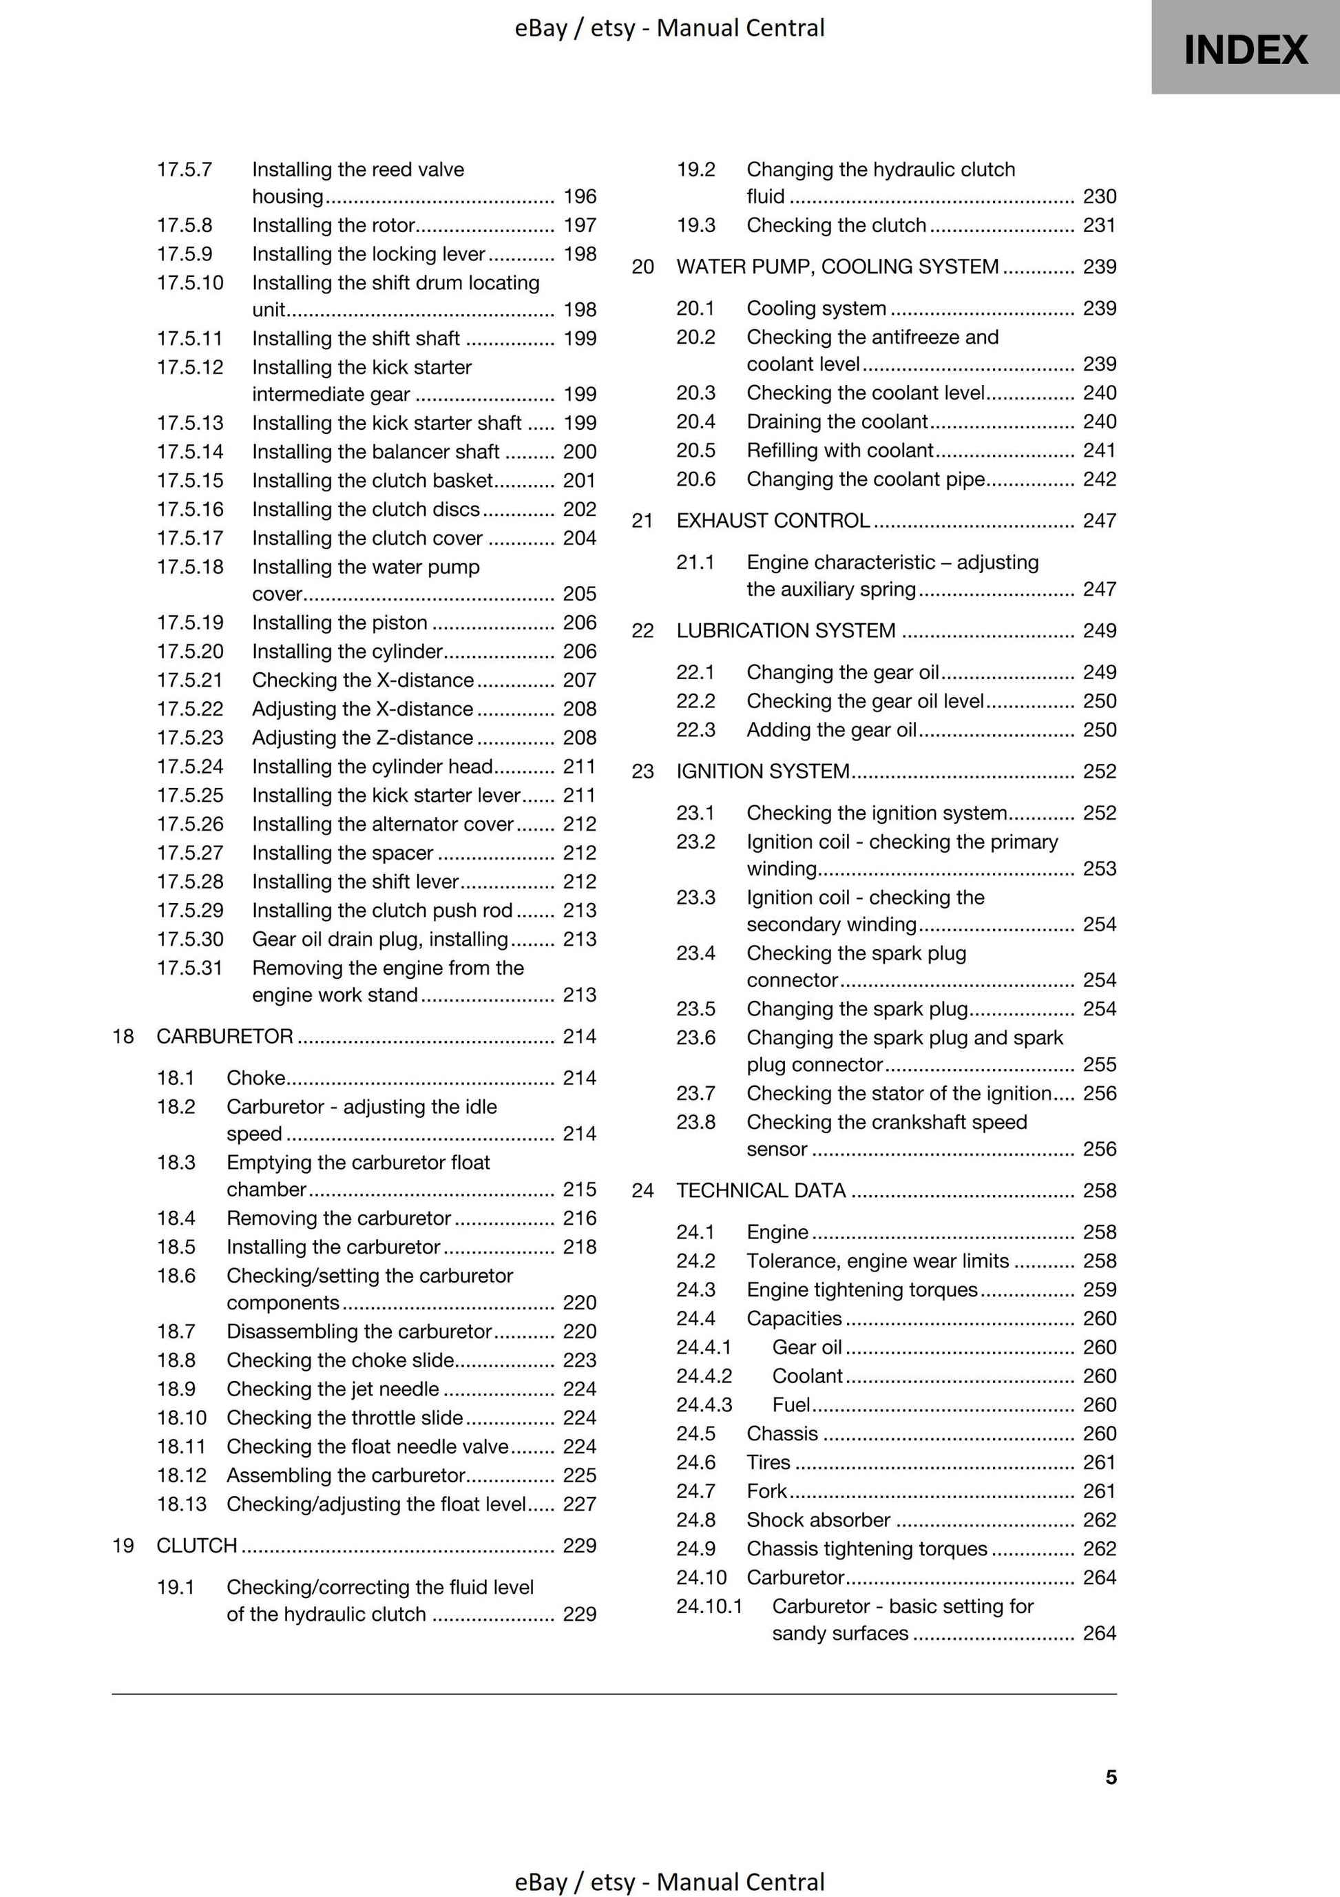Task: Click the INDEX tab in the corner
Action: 1245,50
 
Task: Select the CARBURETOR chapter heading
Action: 224,1036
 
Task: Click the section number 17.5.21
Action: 190,680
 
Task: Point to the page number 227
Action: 579,1504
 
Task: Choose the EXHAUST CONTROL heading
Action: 773,521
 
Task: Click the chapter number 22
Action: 642,631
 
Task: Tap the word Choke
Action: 255,1077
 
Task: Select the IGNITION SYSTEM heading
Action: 762,771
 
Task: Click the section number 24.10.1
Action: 709,1606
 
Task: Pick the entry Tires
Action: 768,1462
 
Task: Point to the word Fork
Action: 766,1491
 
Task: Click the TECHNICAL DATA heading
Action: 761,1190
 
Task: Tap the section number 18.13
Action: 181,1504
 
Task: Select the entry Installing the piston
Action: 339,622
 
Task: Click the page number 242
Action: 1099,479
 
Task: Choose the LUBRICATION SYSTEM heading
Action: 786,630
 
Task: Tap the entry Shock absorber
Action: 818,1520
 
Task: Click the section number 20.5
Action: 695,450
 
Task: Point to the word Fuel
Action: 791,1404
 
